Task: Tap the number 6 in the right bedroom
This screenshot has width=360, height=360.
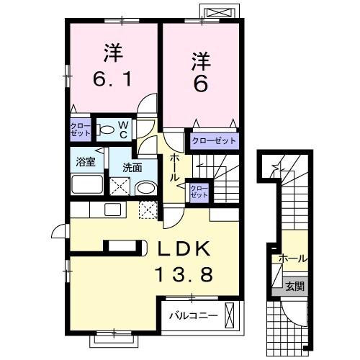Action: point(201,84)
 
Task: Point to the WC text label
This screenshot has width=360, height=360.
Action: point(123,130)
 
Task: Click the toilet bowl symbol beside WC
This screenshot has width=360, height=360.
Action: point(106,130)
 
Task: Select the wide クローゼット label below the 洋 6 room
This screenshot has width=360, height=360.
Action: point(213,140)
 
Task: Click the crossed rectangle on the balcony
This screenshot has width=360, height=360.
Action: point(230,315)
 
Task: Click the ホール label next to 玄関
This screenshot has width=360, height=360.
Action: point(292,258)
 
